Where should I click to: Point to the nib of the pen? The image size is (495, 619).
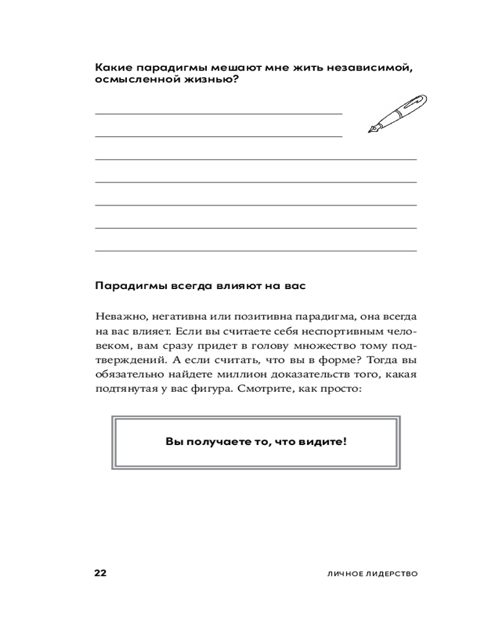[x=372, y=130]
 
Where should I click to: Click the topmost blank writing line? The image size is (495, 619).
[x=218, y=114]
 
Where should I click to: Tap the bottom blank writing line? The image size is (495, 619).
[x=255, y=251]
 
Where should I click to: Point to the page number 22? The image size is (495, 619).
[x=100, y=573]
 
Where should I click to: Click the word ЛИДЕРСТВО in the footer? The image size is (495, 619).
[x=388, y=574]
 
